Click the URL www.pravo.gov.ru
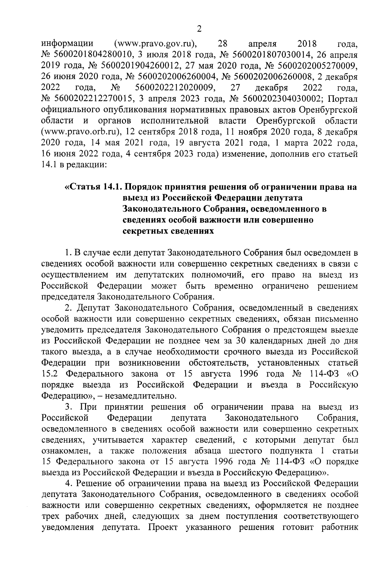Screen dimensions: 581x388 (x=156, y=43)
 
